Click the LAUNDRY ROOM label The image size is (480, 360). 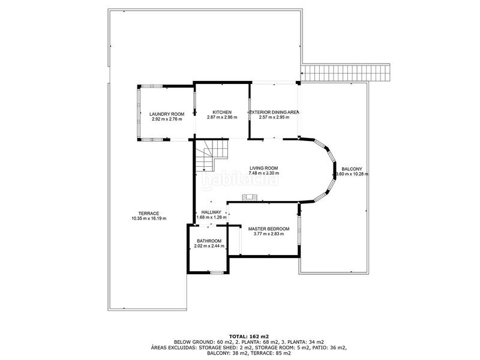click(167, 114)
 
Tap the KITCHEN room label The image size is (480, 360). click(222, 112)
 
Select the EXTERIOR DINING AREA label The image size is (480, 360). click(274, 112)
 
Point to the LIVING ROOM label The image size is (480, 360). click(263, 168)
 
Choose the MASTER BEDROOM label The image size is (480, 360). click(269, 229)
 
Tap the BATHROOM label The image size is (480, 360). click(209, 241)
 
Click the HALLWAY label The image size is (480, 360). click(211, 212)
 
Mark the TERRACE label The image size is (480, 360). click(149, 214)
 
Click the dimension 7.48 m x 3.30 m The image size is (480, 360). click(264, 173)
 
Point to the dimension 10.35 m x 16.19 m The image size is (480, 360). click(149, 218)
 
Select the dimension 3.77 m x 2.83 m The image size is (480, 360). click(269, 234)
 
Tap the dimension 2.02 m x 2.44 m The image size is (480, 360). click(209, 246)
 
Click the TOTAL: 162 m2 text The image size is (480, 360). click(249, 337)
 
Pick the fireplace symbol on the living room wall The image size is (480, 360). click(250, 198)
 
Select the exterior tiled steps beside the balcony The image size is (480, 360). click(346, 72)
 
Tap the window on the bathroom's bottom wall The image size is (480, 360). click(217, 272)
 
